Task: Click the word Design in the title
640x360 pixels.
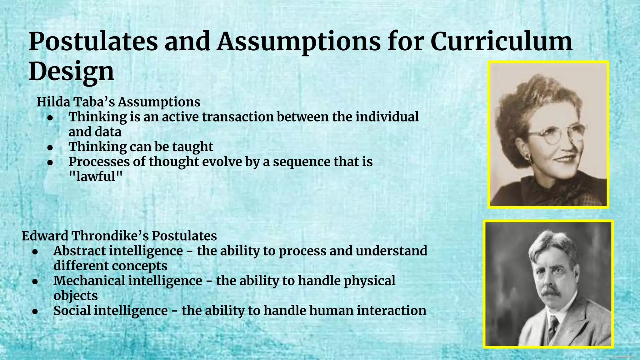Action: point(72,71)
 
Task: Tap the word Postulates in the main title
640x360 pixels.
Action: point(93,42)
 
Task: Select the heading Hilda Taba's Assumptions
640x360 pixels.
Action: point(118,102)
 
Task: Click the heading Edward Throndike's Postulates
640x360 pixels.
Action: point(119,236)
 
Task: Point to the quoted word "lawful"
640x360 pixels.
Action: point(95,177)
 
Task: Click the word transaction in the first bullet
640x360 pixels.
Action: point(238,117)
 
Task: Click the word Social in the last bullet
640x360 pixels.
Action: point(72,311)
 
